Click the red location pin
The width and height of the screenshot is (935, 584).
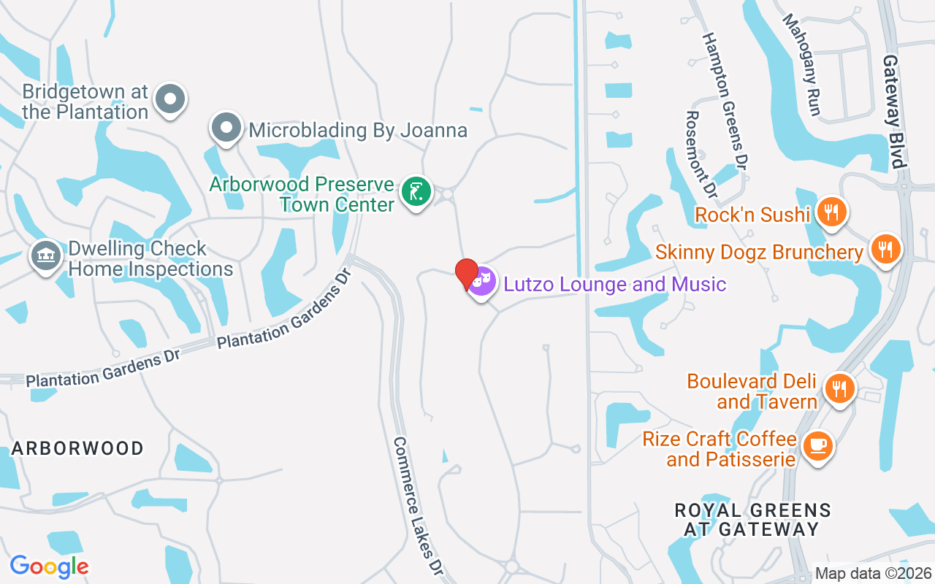tap(467, 274)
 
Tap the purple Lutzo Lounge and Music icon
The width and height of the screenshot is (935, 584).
tap(481, 282)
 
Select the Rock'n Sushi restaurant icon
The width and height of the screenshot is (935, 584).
tap(831, 212)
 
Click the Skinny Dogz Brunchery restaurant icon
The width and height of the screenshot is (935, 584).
tap(885, 250)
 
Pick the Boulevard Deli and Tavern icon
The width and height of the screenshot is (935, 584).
tap(840, 388)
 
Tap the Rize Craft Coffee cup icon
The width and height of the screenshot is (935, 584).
tap(817, 445)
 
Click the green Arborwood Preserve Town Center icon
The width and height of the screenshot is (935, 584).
tap(416, 193)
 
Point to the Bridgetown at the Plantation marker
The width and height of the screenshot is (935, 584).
tap(171, 99)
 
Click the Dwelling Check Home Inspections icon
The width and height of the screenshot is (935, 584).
tap(46, 255)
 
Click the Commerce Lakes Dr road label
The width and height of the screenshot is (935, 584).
tap(419, 507)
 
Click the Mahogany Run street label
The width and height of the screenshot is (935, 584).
tap(803, 64)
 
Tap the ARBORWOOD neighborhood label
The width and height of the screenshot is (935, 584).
tap(77, 448)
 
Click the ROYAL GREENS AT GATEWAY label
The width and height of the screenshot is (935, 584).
tap(752, 519)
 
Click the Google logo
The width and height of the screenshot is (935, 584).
tap(49, 566)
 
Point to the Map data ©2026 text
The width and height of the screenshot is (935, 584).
tap(873, 574)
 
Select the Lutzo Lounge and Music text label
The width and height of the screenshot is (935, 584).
tap(615, 284)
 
